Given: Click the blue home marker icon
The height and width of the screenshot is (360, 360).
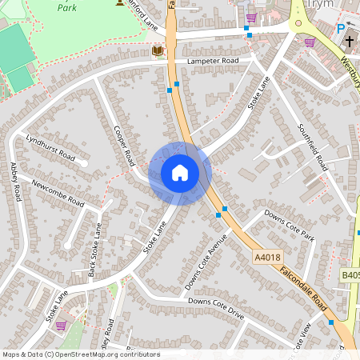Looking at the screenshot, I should [180, 173].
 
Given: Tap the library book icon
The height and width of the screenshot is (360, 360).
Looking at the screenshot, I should [157, 51].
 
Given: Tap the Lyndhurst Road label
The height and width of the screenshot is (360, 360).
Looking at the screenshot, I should [49, 146].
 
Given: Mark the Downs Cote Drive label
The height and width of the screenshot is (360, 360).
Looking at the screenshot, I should [215, 308].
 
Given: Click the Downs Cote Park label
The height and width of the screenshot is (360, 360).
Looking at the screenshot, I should [290, 226].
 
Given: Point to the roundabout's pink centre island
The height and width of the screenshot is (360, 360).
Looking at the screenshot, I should [299, 23].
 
